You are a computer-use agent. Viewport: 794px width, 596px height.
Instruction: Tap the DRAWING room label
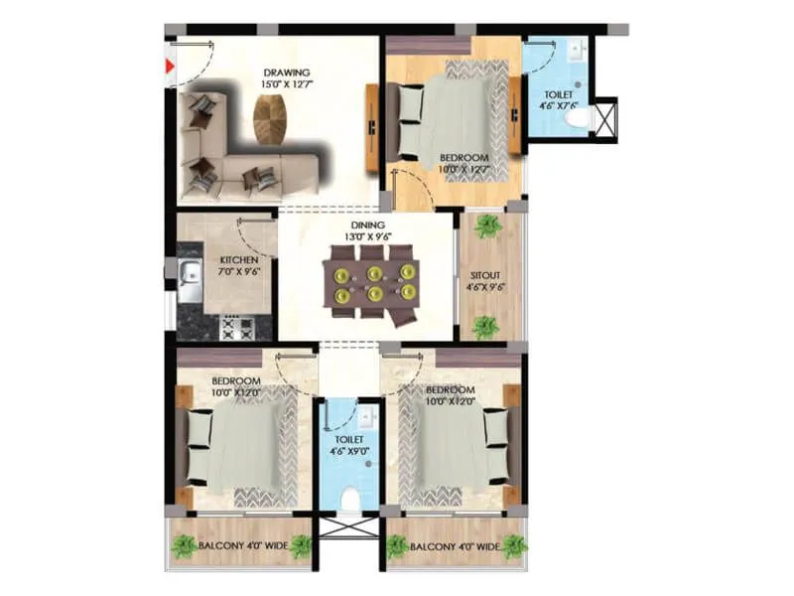pos(287,73)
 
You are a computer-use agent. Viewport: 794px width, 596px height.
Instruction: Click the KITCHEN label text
pos(238,260)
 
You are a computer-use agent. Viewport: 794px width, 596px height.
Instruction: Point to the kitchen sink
pos(190,280)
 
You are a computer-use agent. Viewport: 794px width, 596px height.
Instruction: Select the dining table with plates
pos(373,284)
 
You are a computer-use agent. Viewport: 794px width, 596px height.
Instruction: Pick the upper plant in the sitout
pos(486,227)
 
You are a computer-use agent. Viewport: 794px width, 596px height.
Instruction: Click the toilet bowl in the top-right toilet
pos(575,118)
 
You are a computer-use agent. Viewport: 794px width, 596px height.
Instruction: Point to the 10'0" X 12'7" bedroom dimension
pos(464,170)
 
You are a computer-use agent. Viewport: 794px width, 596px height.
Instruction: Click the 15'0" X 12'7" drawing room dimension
pos(286,85)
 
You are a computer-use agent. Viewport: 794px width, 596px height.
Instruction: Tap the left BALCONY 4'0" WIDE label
pos(242,545)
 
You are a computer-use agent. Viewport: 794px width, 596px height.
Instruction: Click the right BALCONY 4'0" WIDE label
pos(456,545)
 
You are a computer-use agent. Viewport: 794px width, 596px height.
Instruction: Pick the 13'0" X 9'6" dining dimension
pos(366,237)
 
